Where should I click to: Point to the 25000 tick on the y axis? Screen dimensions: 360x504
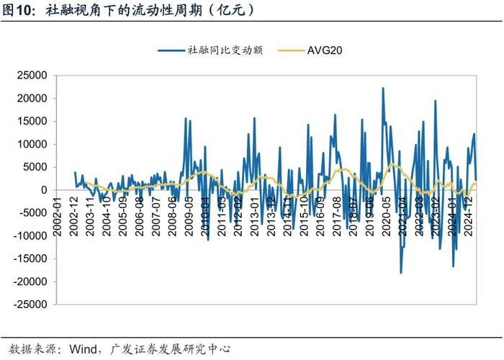pos(32,75)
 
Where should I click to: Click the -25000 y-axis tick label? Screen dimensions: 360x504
pos(30,305)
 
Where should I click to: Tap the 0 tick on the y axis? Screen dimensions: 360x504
pos(43,190)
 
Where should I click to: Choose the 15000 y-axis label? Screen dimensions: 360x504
pos(32,121)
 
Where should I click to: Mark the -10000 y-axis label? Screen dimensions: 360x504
pos(30,236)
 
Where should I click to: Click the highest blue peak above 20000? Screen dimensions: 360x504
pos(383,89)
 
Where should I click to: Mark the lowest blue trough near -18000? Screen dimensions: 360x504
pos(401,273)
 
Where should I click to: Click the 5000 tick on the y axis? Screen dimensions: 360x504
pos(35,167)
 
